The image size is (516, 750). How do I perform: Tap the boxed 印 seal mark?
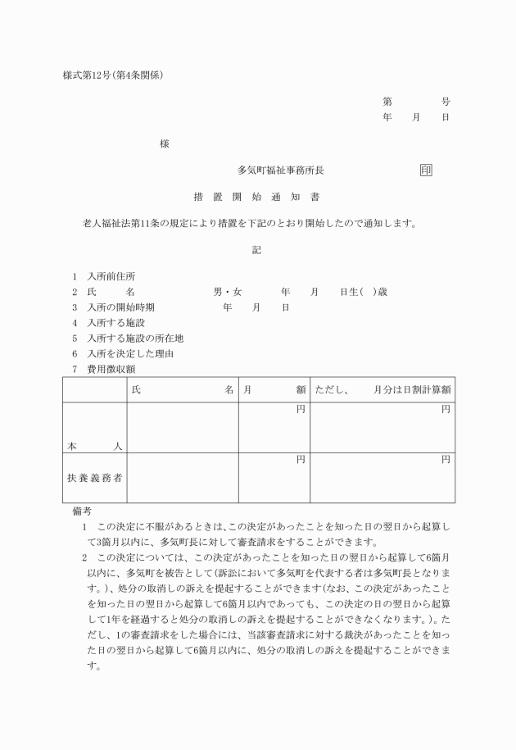point(426,170)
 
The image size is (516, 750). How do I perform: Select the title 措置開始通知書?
point(256,197)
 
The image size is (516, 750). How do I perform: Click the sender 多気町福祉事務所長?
point(281,170)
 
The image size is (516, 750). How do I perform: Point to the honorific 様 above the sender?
point(165,143)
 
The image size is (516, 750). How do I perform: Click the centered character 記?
point(256,250)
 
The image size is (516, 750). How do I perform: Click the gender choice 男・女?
point(228,292)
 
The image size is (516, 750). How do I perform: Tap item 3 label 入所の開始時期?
point(120,307)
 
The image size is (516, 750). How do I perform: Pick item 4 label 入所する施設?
point(115,323)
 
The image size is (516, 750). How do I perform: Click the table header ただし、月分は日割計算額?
point(382,391)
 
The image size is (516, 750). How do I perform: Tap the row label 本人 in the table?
point(94,446)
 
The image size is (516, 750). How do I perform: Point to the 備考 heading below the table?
point(82,511)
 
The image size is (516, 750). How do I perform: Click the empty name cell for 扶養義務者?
point(182,478)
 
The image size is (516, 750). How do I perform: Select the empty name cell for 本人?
point(182,428)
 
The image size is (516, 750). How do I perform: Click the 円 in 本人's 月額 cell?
point(301,409)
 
